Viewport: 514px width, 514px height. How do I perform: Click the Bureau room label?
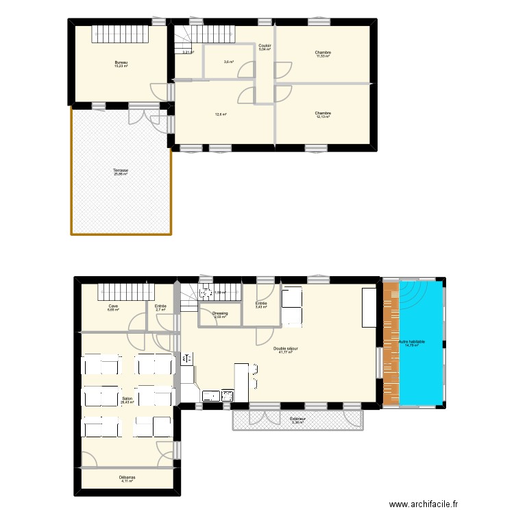click(121, 62)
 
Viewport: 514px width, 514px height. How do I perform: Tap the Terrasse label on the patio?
click(121, 171)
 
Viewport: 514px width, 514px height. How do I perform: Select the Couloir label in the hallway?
click(265, 45)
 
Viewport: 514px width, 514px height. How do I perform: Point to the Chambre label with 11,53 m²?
click(323, 53)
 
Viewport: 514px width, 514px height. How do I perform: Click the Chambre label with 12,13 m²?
click(323, 113)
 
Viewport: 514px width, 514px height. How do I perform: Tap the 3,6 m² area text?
click(229, 62)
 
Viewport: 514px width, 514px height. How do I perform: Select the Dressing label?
click(220, 313)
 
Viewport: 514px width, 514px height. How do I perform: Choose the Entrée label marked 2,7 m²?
click(160, 306)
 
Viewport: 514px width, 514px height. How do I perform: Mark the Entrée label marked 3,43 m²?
click(261, 304)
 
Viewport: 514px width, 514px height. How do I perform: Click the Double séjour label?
click(285, 349)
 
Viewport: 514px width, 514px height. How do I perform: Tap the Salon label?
click(127, 398)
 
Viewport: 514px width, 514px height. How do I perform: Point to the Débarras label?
click(127, 477)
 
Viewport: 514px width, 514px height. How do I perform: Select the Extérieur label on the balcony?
click(297, 418)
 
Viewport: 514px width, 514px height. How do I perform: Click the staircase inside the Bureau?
click(121, 32)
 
